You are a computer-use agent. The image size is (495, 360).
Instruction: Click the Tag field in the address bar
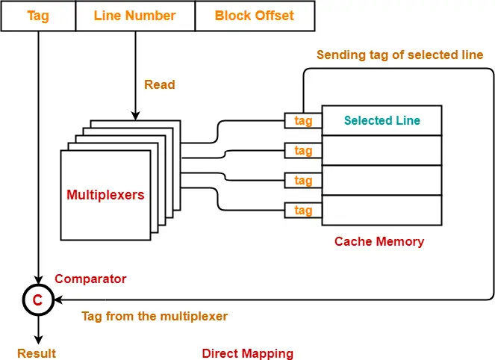pos(38,16)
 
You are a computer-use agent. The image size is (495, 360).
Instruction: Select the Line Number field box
pos(135,16)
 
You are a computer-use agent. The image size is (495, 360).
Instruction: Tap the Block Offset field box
pos(254,16)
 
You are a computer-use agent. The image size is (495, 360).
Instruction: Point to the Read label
pos(160,85)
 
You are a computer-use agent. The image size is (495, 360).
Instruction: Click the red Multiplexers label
pos(105,195)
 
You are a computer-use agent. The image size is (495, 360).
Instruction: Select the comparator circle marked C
pos(37,300)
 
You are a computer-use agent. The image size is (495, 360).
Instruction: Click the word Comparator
pos(90,279)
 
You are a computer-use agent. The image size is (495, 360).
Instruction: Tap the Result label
pos(37,353)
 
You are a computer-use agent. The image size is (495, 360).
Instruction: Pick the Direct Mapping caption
pos(248,353)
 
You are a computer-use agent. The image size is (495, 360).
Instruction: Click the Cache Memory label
pos(379,241)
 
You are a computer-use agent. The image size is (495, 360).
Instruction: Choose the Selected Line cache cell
pos(382,120)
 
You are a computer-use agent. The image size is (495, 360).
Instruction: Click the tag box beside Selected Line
pos(303,121)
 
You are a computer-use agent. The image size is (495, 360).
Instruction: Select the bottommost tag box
pos(303,211)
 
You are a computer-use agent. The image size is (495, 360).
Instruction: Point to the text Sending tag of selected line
pos(399,55)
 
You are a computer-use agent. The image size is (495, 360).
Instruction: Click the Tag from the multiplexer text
pos(155,316)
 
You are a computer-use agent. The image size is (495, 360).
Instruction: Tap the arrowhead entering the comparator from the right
pos(55,300)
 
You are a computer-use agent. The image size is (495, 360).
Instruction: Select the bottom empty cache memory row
pos(382,210)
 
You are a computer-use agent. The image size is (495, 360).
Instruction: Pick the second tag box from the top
pos(303,151)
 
